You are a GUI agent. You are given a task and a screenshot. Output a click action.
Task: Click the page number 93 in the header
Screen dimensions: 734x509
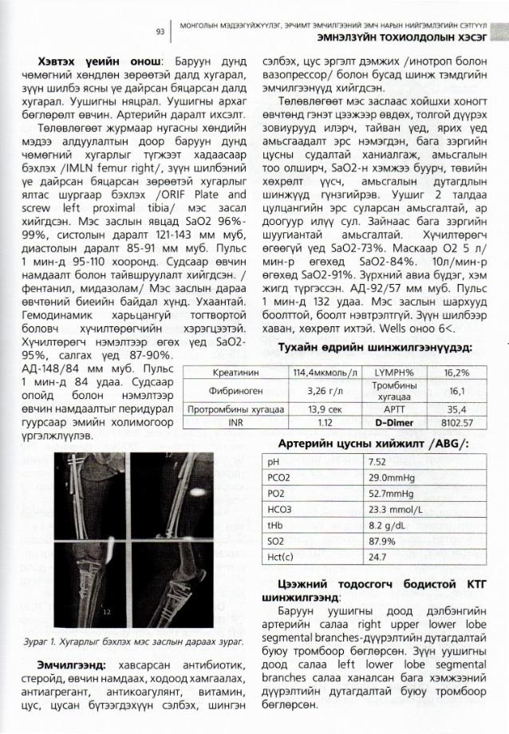[160, 31]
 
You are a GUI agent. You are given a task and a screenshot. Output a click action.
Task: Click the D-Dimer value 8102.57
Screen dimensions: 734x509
[457, 422]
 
